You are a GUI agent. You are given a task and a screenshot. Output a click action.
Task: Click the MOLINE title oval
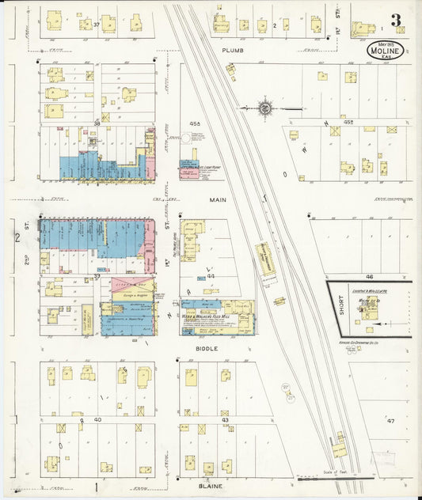[386, 50]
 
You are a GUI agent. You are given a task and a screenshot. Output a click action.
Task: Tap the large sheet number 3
[395, 20]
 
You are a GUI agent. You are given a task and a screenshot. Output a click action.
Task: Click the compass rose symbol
[266, 108]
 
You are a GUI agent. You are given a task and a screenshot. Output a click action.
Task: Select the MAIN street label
[218, 200]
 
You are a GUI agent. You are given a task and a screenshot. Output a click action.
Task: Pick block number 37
[97, 25]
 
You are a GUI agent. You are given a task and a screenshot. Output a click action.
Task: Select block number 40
[97, 419]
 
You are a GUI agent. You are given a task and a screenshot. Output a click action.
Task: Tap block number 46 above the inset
[369, 277]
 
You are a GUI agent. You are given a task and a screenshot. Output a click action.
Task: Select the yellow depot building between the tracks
[264, 259]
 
